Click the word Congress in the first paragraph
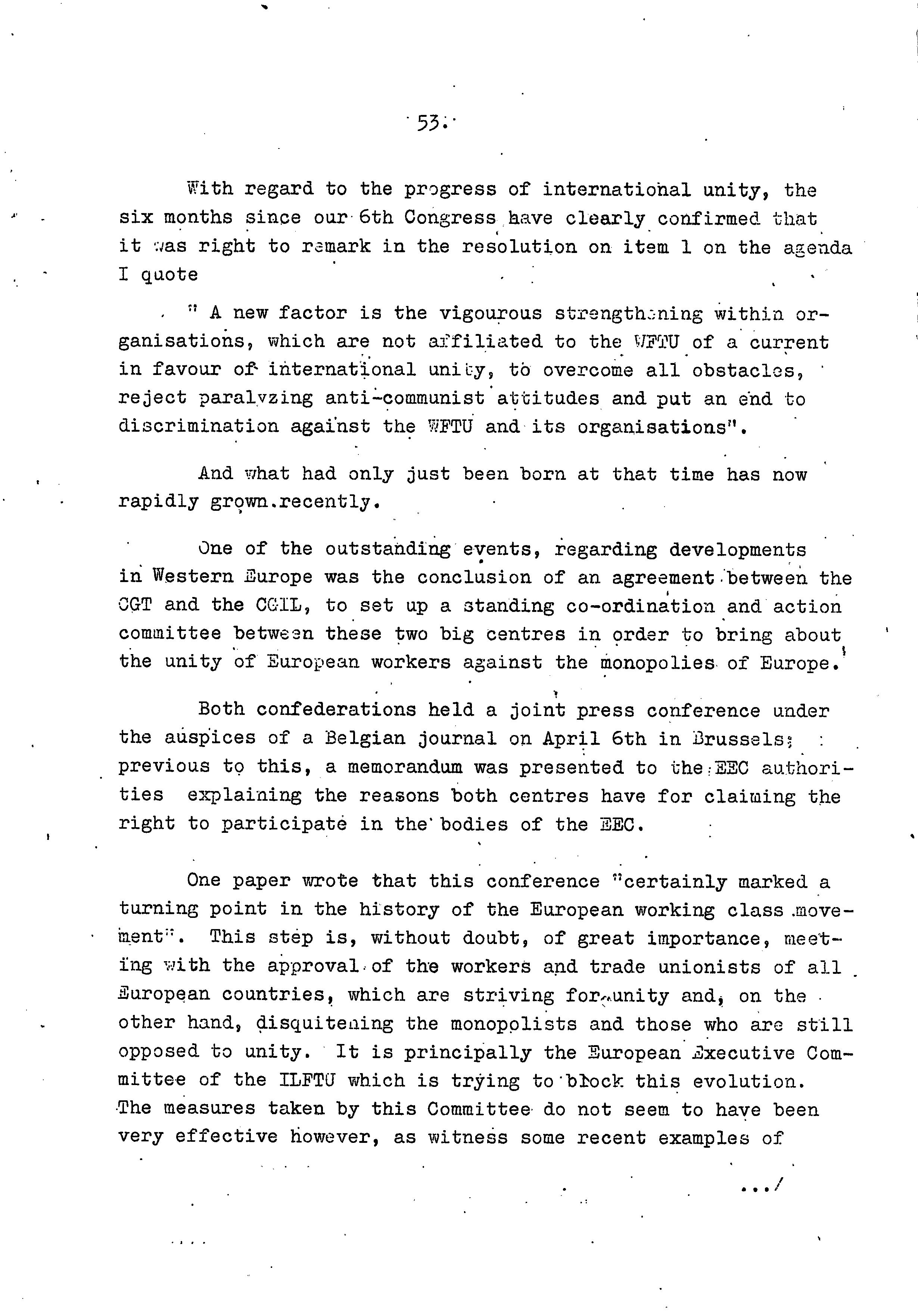pos(450,218)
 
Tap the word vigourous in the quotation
pos(490,313)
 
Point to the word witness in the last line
pos(468,1137)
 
